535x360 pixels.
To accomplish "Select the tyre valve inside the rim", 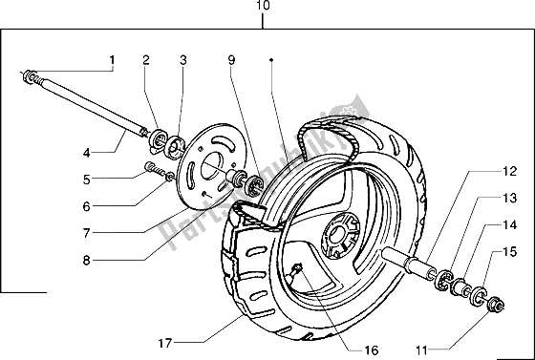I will pos(297,270).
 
